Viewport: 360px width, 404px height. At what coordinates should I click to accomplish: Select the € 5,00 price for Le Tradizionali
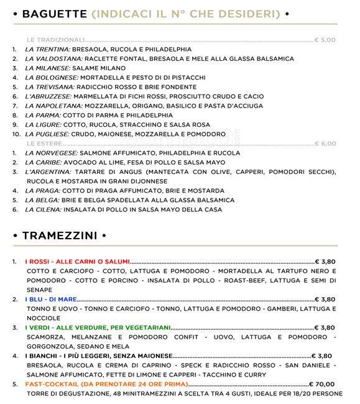coord(325,40)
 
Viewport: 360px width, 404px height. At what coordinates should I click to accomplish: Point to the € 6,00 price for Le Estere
coord(325,144)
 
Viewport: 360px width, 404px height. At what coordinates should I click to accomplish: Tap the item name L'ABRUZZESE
coord(48,96)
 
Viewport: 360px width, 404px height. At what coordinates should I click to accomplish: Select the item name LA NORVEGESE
coord(52,153)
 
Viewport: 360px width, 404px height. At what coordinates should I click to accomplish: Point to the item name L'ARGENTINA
coord(50,172)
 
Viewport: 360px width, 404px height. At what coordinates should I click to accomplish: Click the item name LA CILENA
coord(43,209)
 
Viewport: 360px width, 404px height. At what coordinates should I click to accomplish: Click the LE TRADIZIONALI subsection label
coord(55,40)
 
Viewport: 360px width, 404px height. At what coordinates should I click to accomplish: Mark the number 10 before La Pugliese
coord(16,134)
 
